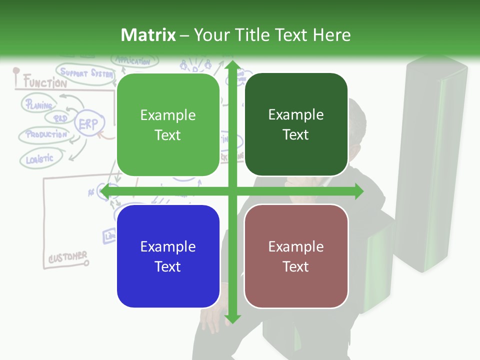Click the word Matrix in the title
(x=148, y=35)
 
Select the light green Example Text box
(x=168, y=125)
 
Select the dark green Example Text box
(x=296, y=124)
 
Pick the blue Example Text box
(x=168, y=256)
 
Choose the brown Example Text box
(x=296, y=256)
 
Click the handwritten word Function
(x=45, y=82)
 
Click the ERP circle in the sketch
(x=89, y=124)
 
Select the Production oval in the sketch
(x=46, y=135)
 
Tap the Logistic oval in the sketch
(x=39, y=159)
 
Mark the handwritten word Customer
(x=67, y=258)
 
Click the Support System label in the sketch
(x=86, y=73)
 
